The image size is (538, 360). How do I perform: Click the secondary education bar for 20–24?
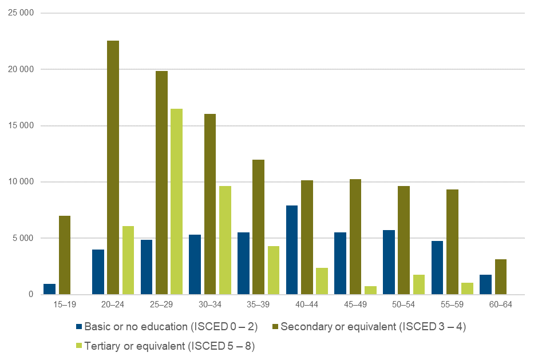[113, 168]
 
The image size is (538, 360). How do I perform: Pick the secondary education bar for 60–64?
[501, 277]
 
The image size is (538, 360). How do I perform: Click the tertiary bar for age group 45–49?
[370, 290]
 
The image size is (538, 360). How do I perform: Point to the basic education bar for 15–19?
[50, 289]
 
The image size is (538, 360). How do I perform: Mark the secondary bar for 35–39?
[258, 227]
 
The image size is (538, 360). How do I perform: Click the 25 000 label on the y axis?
[21, 13]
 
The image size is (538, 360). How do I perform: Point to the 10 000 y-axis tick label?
[21, 182]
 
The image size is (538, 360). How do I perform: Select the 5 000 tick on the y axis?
[23, 238]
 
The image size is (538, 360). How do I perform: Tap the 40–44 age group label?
[307, 305]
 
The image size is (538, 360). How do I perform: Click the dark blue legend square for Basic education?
[80, 327]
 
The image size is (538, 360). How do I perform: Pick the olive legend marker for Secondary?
[275, 327]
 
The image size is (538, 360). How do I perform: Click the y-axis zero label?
[32, 294]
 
